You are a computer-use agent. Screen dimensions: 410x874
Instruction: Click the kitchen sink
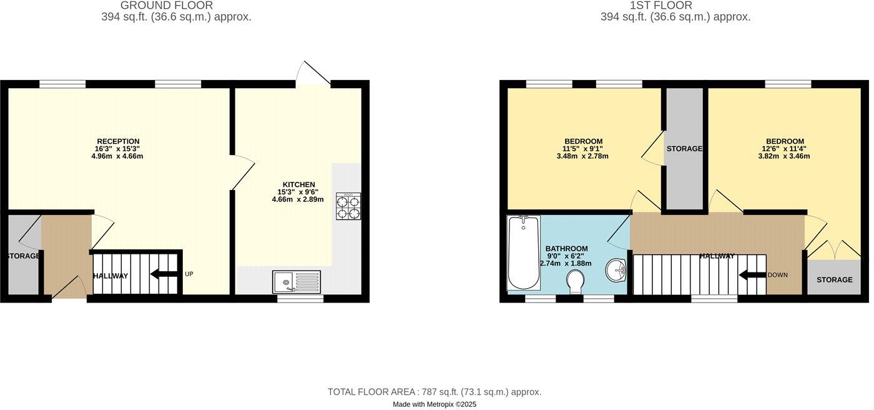[297, 282]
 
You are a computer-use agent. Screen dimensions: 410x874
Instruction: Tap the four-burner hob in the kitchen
[348, 206]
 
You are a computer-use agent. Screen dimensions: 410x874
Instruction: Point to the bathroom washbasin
[616, 270]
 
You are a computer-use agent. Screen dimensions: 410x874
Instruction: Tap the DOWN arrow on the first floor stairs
[752, 274]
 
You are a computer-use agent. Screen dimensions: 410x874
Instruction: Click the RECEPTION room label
[118, 141]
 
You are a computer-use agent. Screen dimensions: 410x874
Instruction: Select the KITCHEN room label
[298, 184]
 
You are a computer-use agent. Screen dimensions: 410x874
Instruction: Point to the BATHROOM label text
[566, 249]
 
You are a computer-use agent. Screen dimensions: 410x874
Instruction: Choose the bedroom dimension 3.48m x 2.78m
[583, 156]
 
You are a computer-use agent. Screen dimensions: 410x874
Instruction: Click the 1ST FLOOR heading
[675, 6]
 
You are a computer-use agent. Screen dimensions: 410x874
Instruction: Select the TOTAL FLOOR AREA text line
[435, 392]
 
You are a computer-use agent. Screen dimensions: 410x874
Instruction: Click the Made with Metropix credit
[435, 404]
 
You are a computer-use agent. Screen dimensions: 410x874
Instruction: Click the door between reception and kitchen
[242, 172]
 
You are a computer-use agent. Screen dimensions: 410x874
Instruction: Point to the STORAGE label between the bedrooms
[684, 149]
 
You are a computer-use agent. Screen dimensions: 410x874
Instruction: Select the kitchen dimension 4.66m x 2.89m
[298, 199]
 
